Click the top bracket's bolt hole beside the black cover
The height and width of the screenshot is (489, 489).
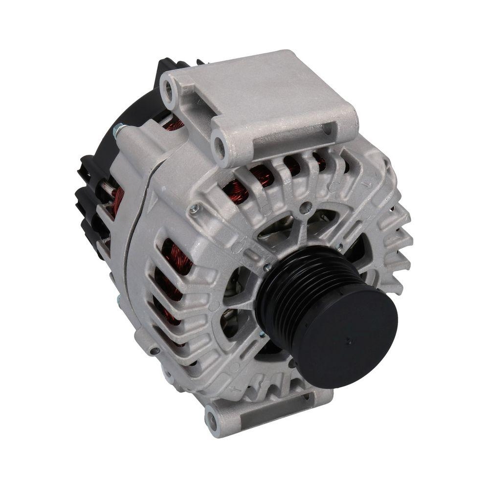tap(169, 88)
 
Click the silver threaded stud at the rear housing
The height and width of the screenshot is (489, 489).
tap(118, 130)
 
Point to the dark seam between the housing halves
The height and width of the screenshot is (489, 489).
tap(131, 230)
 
